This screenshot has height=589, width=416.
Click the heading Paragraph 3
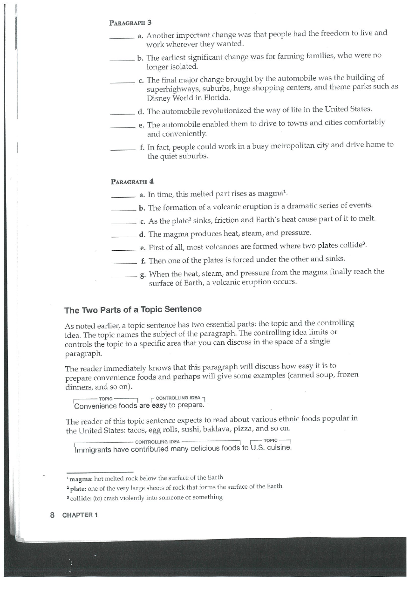[x=130, y=22]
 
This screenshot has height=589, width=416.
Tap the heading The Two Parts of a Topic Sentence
[x=133, y=309]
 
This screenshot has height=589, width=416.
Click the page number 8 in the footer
[x=52, y=515]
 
